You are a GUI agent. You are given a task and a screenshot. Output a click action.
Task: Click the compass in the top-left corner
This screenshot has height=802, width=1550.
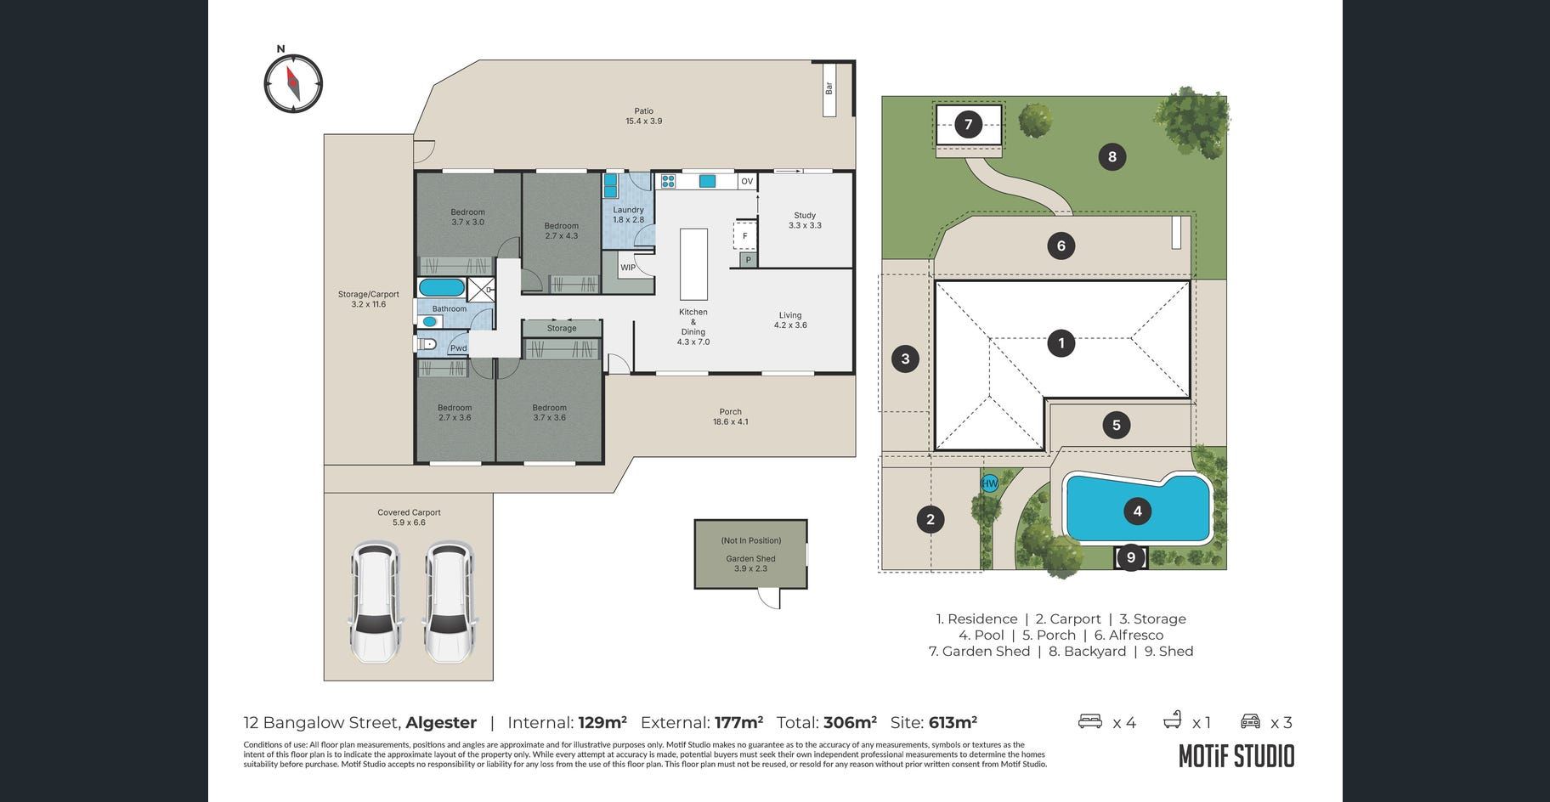point(293,83)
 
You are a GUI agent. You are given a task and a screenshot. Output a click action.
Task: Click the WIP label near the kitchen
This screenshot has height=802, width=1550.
point(628,268)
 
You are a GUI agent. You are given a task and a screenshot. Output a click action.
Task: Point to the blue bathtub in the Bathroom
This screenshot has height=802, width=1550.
point(442,287)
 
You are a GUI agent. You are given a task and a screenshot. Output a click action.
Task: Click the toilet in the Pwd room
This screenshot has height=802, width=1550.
point(427,344)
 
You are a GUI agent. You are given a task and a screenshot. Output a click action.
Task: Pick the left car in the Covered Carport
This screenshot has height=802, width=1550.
point(375,601)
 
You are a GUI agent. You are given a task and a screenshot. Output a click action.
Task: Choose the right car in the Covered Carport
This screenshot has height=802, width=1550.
point(448,601)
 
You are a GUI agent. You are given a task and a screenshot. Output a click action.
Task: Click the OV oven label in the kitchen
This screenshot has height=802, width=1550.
point(747,181)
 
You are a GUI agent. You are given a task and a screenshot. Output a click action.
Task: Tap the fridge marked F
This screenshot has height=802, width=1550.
point(745,235)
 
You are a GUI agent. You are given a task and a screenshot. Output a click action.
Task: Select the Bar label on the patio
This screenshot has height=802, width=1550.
point(829,88)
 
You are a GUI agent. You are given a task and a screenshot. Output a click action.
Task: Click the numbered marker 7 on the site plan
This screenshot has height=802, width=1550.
point(968,125)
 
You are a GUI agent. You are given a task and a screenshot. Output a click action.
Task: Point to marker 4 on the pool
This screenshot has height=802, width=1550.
point(1137,511)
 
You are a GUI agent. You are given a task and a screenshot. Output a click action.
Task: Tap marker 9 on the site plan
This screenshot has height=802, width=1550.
point(1131,558)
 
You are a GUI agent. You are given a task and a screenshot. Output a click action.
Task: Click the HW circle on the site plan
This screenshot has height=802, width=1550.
point(990,483)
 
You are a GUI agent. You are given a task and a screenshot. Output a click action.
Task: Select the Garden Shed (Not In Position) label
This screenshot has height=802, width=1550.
point(750,554)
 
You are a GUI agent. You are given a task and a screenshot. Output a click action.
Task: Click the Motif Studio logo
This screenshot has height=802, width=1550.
point(1236,756)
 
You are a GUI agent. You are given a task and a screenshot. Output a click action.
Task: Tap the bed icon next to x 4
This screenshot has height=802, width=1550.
point(1089,721)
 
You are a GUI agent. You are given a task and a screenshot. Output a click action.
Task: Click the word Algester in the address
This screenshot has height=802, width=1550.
point(441,723)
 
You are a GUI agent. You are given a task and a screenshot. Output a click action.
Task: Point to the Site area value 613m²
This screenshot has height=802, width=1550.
point(953,722)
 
